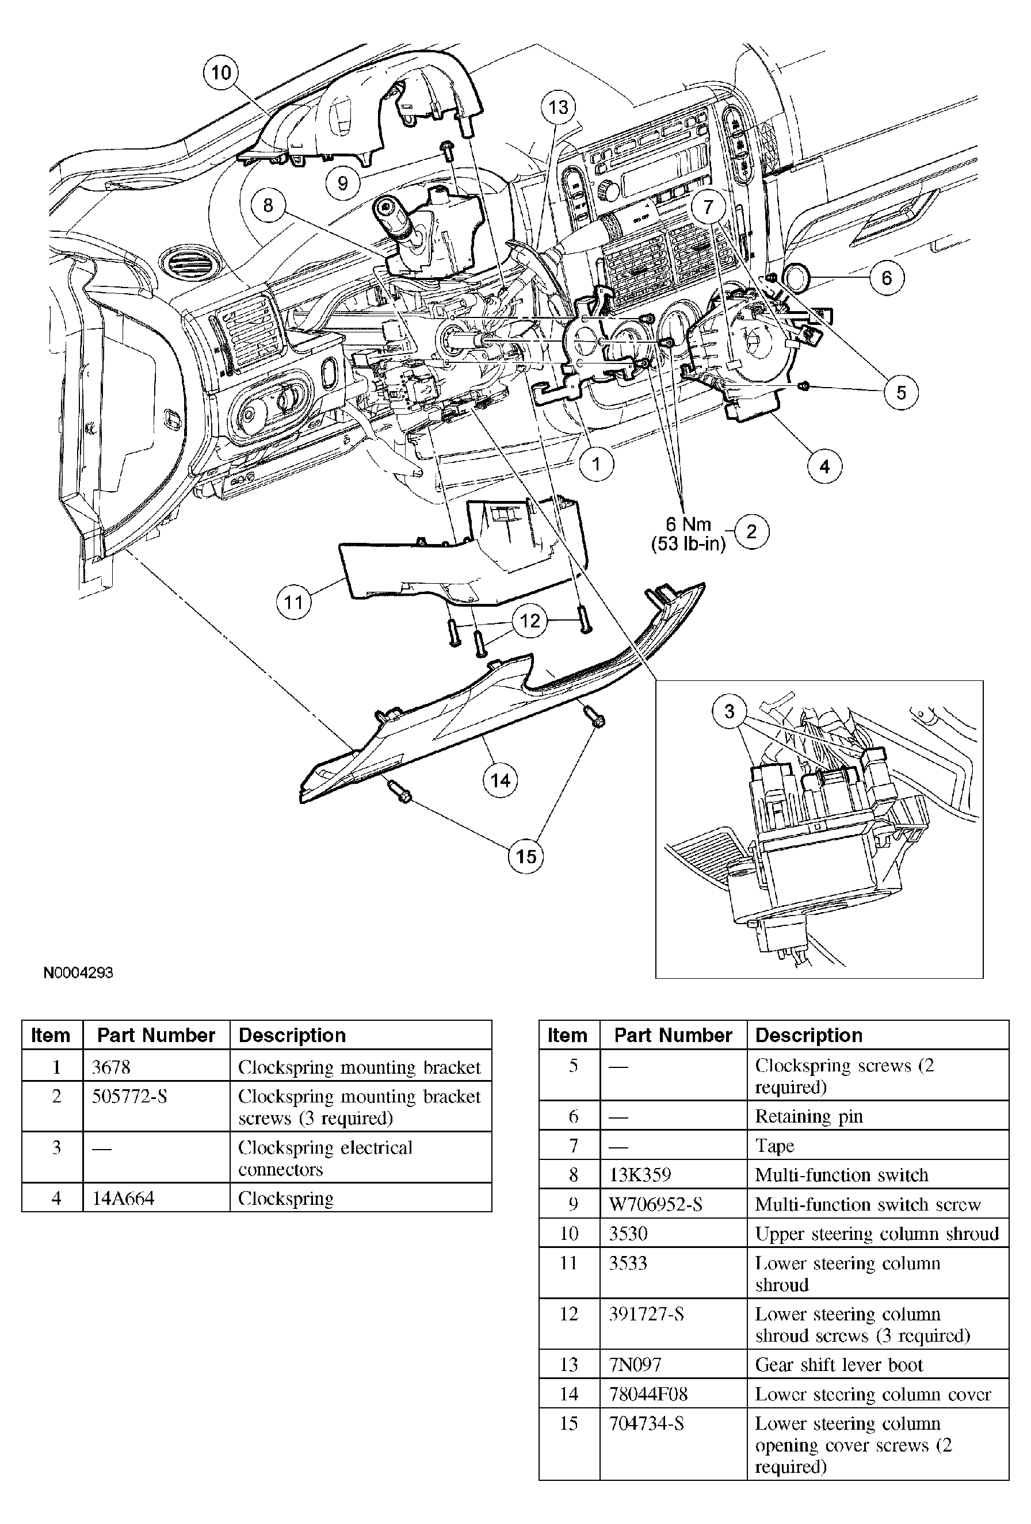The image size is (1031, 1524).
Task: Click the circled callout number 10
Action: pos(221,72)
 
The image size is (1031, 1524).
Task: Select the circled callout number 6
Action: pos(886,278)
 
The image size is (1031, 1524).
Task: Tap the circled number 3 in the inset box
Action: pos(730,711)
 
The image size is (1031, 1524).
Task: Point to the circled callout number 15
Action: pos(526,856)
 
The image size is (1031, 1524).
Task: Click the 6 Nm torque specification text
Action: pos(688,524)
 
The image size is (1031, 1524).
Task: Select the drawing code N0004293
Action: pos(78,972)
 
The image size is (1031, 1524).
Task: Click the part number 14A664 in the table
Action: pos(123,1198)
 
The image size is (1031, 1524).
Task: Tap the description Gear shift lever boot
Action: pos(839,1365)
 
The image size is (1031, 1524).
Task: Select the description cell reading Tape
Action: pos(774,1146)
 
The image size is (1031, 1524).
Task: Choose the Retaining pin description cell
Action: pos(809,1116)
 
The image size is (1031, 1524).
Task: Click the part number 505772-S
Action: pos(129,1097)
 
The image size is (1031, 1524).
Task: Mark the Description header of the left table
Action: pos(292,1035)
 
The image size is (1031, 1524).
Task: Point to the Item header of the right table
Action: pos(567,1035)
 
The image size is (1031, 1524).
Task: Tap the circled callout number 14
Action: pos(500,780)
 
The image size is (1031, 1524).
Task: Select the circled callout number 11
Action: pos(293,602)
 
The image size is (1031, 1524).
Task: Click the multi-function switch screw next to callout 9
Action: pos(448,150)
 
